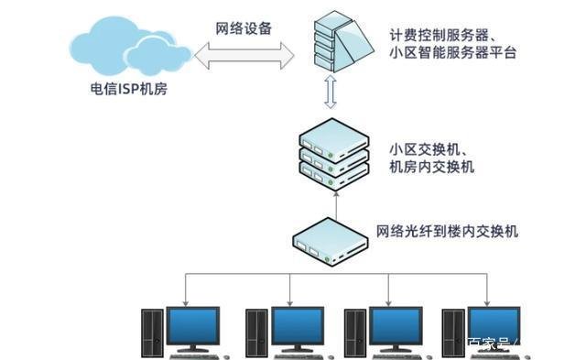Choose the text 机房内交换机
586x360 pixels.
[x=431, y=168]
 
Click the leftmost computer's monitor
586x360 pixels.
[x=192, y=325]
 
